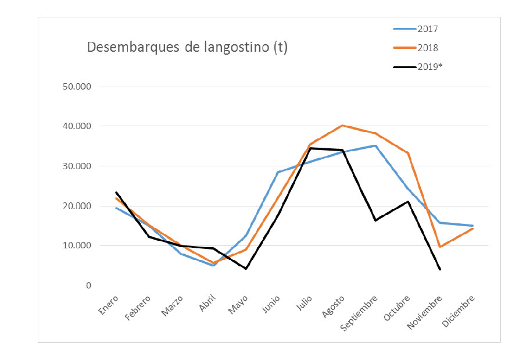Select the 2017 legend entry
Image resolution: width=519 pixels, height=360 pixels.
click(427, 28)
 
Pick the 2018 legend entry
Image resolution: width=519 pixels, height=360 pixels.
click(427, 47)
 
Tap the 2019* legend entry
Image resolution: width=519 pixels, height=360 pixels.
click(429, 66)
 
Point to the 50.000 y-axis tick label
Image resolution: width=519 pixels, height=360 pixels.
click(76, 87)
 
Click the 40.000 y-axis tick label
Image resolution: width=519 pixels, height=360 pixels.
click(76, 126)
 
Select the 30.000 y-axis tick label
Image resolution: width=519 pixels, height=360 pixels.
click(76, 166)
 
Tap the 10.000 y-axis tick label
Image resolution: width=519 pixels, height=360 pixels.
click(76, 245)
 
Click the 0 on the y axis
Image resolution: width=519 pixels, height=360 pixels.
click(88, 286)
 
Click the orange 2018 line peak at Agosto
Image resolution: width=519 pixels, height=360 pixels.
click(342, 125)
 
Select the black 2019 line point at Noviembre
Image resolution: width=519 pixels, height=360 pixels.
click(440, 269)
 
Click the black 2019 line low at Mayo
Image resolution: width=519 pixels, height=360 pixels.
click(246, 269)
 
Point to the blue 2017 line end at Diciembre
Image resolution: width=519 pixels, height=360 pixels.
click(473, 226)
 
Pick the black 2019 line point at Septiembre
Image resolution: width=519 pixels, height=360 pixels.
click(375, 220)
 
